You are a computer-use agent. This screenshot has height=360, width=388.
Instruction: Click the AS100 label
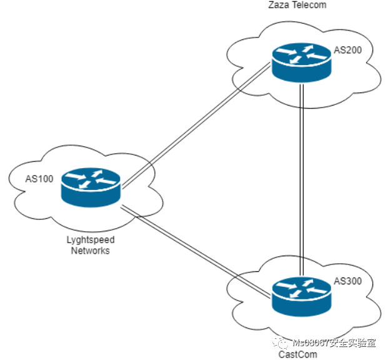point(39,178)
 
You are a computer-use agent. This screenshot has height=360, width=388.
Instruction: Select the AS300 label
point(348,281)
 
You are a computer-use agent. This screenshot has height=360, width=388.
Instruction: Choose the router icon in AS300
point(301,294)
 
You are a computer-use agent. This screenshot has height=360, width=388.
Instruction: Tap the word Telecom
point(312,5)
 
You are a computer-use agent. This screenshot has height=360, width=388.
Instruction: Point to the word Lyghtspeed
point(91,240)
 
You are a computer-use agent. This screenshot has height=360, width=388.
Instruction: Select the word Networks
point(90,251)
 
